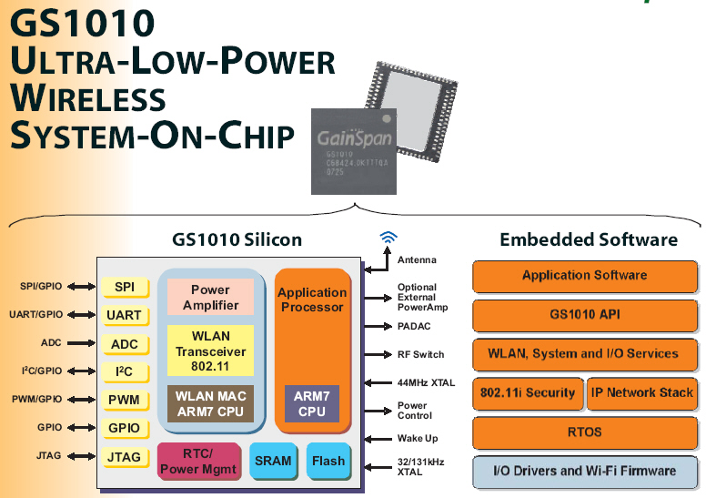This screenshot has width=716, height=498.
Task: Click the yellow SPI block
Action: coord(125,288)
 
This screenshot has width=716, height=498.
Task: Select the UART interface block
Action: coord(125,316)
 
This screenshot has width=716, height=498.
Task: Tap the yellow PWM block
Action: coord(125,400)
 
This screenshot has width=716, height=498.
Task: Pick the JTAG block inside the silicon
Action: coord(125,457)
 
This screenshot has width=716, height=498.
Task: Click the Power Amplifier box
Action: coord(210,297)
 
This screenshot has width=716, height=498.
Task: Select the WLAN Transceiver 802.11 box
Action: coord(210,351)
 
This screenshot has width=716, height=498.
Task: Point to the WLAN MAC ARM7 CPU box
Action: coord(210,402)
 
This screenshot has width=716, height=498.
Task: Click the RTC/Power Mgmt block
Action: coord(197,462)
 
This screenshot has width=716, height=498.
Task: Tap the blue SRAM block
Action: coord(273,461)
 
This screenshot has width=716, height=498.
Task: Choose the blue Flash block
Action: coord(328,461)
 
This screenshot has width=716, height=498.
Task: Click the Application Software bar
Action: coord(585,276)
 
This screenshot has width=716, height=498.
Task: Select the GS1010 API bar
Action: coord(585,315)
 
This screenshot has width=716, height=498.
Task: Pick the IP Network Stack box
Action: coord(640,393)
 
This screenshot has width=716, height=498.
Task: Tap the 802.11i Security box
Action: coord(527,393)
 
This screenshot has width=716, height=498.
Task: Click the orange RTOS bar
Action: coord(585,432)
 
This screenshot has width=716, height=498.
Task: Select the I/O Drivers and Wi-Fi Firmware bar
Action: coord(585,471)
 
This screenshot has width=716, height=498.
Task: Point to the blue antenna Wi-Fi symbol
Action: coord(388,239)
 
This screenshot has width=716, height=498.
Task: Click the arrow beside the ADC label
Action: coord(82,344)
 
